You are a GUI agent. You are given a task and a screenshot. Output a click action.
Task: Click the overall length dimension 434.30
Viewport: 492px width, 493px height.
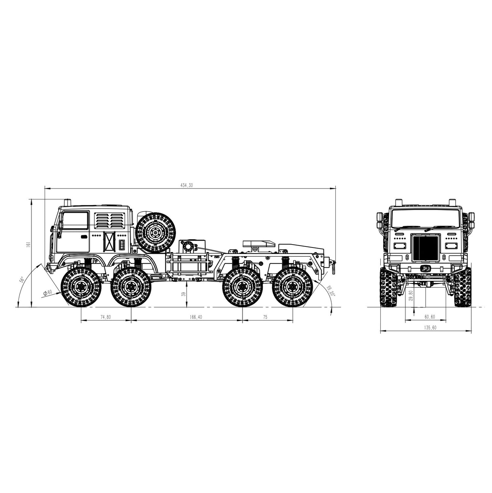[x=187, y=185]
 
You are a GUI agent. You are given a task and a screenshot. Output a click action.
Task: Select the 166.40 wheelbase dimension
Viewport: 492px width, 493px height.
[x=196, y=317]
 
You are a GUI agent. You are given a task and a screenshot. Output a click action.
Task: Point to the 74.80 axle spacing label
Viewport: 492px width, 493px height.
[x=106, y=317]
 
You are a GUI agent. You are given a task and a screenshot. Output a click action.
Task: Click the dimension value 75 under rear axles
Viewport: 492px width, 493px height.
[x=265, y=317]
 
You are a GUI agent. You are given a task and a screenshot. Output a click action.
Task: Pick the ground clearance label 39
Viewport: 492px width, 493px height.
[x=184, y=294]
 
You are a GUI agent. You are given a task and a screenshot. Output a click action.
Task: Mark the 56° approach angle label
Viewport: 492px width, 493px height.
[x=22, y=280]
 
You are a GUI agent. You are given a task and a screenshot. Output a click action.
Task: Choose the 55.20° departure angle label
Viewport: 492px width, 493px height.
[x=331, y=290]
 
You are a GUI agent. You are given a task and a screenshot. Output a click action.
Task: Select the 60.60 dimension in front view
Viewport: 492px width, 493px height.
[x=430, y=317]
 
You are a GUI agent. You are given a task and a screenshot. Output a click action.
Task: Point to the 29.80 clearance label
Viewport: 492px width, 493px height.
[x=411, y=295]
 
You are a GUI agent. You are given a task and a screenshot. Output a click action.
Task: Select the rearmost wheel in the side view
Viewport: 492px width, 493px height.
[x=293, y=287]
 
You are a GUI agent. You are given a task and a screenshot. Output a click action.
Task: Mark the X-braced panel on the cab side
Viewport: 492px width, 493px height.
[x=110, y=242]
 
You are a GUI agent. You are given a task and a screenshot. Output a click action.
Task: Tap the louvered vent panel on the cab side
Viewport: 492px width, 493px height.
[x=109, y=221]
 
